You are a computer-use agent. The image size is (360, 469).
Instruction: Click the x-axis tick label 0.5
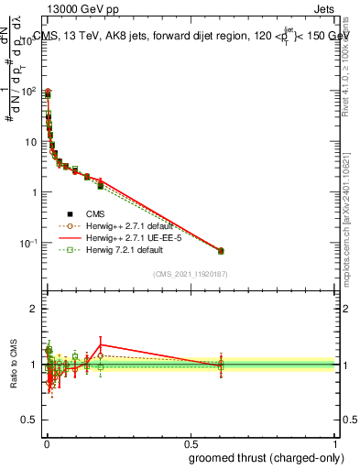191,444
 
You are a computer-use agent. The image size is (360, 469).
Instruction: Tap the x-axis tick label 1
336,444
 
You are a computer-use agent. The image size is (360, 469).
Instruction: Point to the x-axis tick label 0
46,444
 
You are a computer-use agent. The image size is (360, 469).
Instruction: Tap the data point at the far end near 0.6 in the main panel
220,250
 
